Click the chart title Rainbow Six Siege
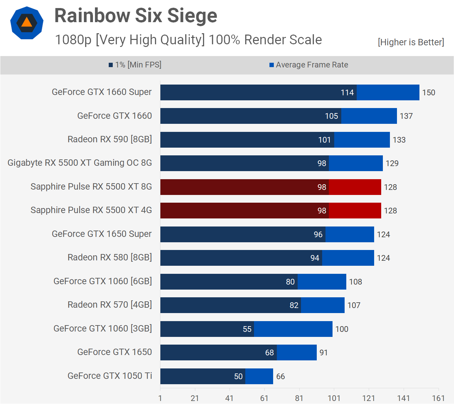click(136, 16)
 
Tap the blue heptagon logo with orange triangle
click(27, 23)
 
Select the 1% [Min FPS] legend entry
click(135, 65)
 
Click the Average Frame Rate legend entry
click(309, 65)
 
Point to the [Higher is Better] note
click(411, 42)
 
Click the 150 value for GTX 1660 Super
click(428, 93)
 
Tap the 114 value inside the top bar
click(347, 93)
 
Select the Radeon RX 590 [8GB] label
click(110, 139)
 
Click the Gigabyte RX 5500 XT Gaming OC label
click(80, 163)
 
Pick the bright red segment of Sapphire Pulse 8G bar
click(355, 187)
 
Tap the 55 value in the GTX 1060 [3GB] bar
click(247, 329)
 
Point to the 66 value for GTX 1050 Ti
click(281, 376)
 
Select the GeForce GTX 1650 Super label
click(102, 234)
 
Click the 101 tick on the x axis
click(334, 398)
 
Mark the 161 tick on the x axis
click(438, 398)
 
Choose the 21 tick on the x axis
click(195, 398)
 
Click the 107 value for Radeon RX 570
click(354, 305)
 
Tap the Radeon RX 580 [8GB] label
click(110, 257)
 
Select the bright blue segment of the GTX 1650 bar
click(297, 353)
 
